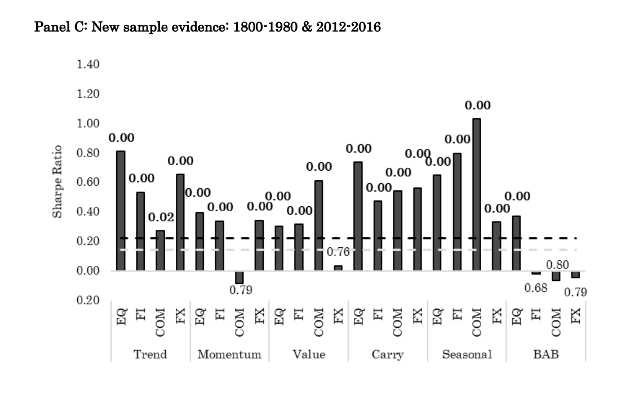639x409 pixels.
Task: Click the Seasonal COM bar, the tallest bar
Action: tap(477, 194)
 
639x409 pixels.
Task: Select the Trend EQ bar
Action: tap(121, 211)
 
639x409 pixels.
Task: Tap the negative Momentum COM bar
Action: tap(239, 277)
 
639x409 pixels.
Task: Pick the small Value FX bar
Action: tap(338, 268)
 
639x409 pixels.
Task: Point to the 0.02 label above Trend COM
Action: tap(161, 217)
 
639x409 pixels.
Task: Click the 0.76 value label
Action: tap(338, 252)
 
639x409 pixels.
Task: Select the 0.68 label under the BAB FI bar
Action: tap(536, 288)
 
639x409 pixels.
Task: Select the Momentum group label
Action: tap(229, 355)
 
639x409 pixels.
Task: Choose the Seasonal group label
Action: tap(467, 355)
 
